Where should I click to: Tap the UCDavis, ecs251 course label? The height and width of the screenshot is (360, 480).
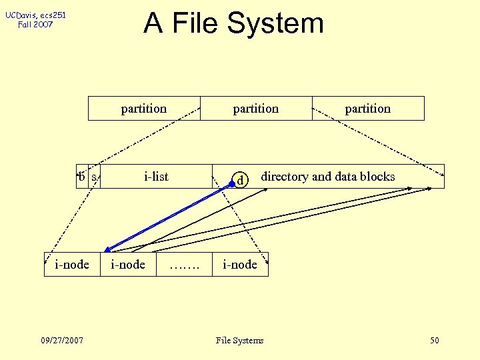point(36,15)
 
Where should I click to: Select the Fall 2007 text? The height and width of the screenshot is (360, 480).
point(35,25)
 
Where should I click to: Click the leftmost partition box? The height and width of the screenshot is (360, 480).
point(144,109)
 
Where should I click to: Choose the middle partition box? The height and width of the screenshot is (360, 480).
point(256,109)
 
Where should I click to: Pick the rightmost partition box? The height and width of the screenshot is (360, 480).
point(368,109)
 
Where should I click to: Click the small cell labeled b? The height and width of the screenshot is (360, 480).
point(81,177)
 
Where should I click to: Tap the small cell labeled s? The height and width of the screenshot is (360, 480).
point(95,177)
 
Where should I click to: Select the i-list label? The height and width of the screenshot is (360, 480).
point(157,177)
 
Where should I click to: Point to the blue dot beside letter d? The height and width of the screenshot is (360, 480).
point(232,183)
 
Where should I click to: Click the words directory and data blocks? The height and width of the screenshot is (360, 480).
point(327,177)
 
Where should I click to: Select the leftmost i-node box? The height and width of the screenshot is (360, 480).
point(72,265)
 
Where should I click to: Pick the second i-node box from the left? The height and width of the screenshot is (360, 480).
point(127,265)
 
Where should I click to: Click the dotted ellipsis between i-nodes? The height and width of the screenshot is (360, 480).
point(184,265)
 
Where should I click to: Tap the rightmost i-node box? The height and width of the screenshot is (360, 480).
point(240,265)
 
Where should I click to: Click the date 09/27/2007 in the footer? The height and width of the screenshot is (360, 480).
point(61,341)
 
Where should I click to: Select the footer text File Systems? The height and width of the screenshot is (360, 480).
point(240,341)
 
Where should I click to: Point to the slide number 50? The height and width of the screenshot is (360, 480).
point(435,341)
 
